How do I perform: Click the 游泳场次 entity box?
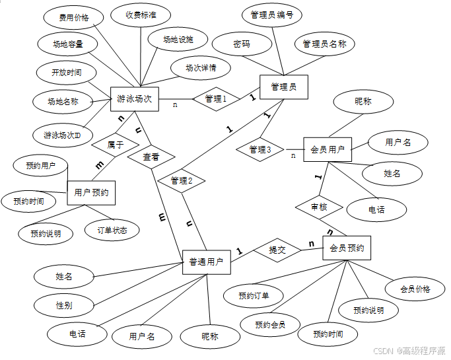(135, 99)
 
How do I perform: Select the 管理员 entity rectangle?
(283, 86)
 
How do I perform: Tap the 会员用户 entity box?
(328, 149)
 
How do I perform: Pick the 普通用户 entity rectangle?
(206, 262)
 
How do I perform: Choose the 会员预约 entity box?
(346, 248)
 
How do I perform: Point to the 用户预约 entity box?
(91, 193)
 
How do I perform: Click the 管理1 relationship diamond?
(214, 98)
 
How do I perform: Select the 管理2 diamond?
(181, 180)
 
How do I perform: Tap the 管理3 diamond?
(260, 150)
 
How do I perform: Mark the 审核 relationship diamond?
(319, 207)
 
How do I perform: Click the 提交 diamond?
(277, 250)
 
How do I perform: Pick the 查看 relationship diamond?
(151, 157)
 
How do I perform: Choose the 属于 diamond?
(115, 144)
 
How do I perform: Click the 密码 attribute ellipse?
(242, 44)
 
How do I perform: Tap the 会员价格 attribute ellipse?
(415, 289)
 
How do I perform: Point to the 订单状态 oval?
(112, 230)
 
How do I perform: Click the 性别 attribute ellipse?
(64, 305)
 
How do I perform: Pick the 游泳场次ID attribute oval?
(63, 135)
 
